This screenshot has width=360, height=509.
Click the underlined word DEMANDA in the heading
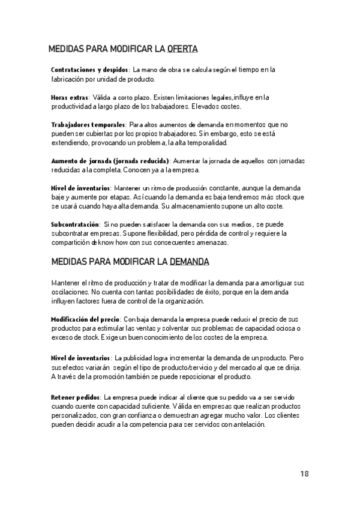[x=190, y=262]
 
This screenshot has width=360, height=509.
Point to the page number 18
[x=305, y=474]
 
